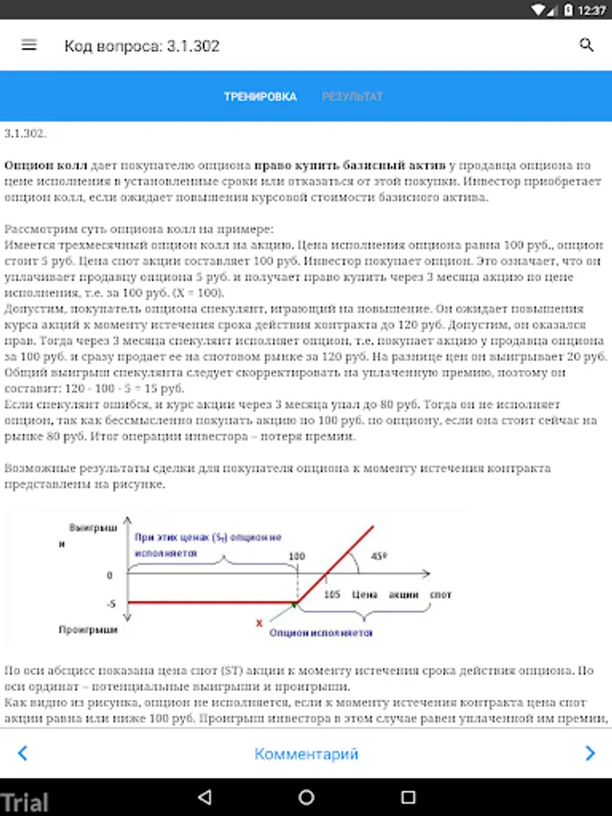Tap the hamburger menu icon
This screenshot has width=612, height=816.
coord(29,45)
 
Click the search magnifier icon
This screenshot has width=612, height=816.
coord(586,45)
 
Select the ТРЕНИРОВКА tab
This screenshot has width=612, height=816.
coord(260,97)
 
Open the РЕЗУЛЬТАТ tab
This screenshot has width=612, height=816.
coord(352,97)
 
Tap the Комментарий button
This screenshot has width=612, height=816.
coord(306,753)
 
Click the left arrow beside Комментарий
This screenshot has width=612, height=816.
coord(23,753)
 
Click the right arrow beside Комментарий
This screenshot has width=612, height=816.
coord(590,753)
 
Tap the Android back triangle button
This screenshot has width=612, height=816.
coord(204,798)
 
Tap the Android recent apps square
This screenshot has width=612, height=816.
coord(408,798)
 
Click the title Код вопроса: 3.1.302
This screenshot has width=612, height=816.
coord(141,45)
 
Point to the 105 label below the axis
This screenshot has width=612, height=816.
coord(330,595)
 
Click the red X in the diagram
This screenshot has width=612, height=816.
coord(259,623)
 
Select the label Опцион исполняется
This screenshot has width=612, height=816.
coord(333,631)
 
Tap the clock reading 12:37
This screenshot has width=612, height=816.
coord(591,10)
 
